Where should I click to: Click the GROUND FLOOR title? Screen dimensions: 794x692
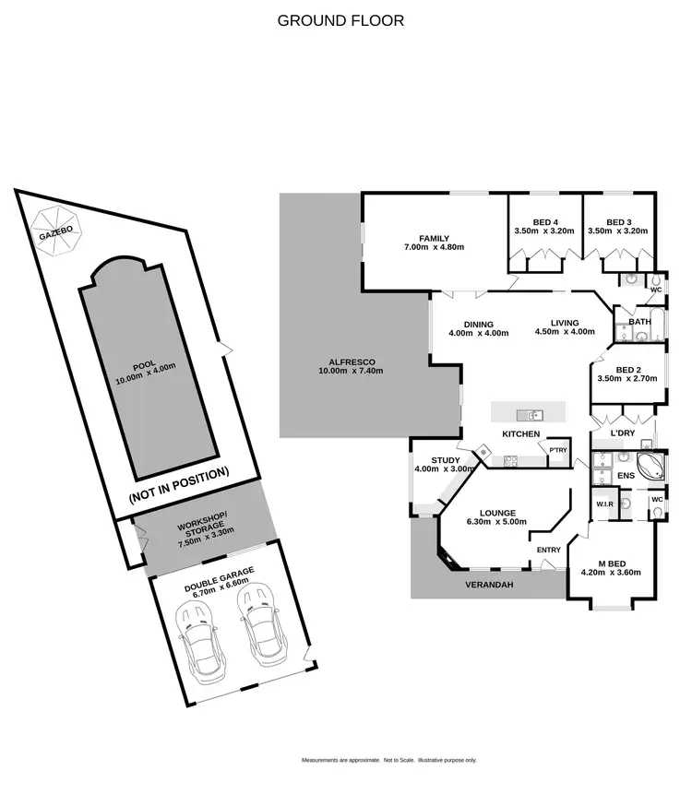(x=340, y=20)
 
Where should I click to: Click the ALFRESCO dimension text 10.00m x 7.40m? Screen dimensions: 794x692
(x=351, y=371)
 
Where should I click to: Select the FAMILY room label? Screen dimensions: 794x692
(x=434, y=237)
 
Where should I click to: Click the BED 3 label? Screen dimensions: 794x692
(x=618, y=221)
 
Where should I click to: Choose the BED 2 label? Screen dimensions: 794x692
(x=626, y=368)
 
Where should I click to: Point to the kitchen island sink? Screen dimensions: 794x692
(x=531, y=414)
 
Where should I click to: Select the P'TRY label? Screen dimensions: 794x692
(x=558, y=450)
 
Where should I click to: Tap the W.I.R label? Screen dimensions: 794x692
(x=605, y=504)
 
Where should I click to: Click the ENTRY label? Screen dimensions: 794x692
(x=549, y=551)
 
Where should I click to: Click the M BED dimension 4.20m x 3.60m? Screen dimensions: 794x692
(x=610, y=572)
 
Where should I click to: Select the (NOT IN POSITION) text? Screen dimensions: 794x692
(x=179, y=485)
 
